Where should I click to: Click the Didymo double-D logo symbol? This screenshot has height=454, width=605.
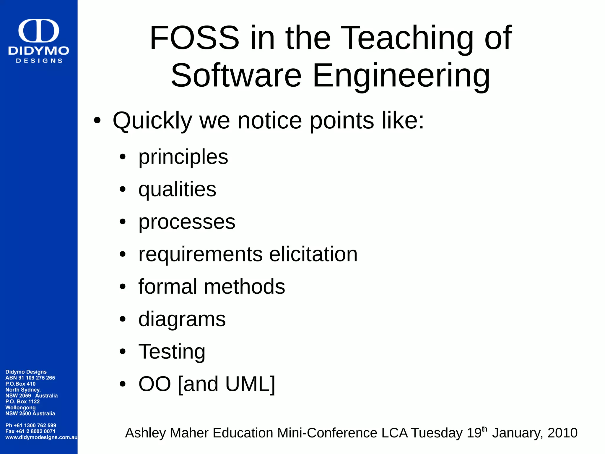click(x=39, y=31)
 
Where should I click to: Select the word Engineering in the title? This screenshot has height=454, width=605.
click(x=401, y=76)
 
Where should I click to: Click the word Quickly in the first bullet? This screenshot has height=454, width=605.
click(x=152, y=121)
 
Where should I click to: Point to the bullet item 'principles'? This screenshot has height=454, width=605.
click(x=183, y=157)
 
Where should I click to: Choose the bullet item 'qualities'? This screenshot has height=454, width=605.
click(x=177, y=190)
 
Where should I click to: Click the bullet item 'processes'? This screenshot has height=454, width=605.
click(x=187, y=222)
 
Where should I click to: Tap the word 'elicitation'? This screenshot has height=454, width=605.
click(x=313, y=254)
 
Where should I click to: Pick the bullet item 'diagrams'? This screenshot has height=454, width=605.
click(x=182, y=319)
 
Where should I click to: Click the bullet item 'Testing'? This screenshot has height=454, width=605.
click(x=172, y=352)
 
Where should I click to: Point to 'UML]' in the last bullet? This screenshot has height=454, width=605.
click(x=250, y=384)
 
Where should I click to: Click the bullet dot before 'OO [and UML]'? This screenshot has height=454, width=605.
click(x=123, y=384)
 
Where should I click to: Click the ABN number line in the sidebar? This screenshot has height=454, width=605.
click(x=30, y=378)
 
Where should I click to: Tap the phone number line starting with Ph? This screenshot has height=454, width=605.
click(x=31, y=425)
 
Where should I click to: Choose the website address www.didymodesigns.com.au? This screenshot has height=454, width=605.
click(x=41, y=437)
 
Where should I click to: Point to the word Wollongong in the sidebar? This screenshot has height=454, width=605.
click(x=20, y=408)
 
